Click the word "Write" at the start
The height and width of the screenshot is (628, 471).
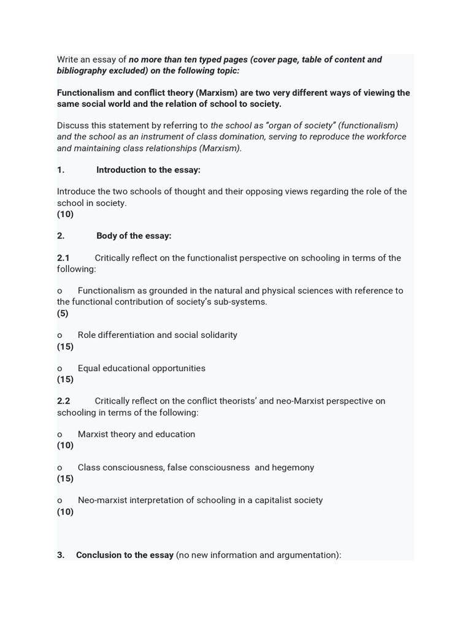(69, 59)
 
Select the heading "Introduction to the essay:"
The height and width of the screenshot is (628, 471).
(148, 170)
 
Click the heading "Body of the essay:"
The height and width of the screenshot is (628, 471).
(134, 236)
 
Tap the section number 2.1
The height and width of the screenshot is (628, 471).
(64, 258)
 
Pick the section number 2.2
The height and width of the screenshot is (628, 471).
(64, 401)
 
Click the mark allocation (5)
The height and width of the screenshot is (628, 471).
(63, 313)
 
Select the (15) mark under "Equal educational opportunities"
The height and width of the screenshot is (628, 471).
(65, 380)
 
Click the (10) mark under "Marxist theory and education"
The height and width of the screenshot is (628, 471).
(65, 445)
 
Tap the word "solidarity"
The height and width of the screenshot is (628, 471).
(216, 335)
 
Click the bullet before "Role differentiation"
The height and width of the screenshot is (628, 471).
(59, 335)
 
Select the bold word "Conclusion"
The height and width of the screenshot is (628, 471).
(99, 555)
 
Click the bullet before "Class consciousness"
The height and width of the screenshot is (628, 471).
(59, 467)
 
